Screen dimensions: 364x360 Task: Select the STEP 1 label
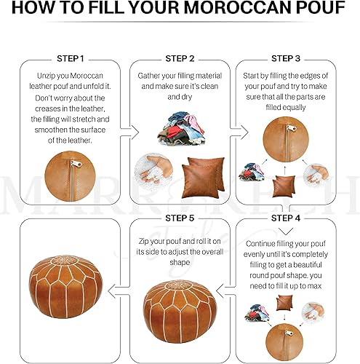coord(71,58)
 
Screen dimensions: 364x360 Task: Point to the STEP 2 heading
coord(180,58)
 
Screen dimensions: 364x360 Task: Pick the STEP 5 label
coord(180,217)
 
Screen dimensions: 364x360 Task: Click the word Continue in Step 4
coord(266,243)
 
